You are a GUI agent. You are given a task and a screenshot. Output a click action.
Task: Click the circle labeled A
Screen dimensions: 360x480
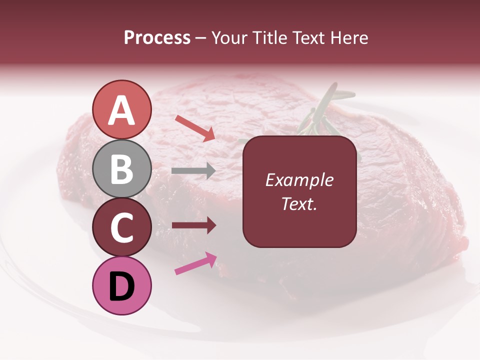click(122, 109)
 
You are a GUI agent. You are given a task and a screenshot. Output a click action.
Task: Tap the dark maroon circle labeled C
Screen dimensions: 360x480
click(122, 227)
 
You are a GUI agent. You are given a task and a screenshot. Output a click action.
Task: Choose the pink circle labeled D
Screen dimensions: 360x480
click(122, 286)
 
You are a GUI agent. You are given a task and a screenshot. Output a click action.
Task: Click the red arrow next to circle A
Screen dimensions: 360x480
click(195, 127)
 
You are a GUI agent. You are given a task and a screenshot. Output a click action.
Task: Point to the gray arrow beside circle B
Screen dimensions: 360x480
click(193, 171)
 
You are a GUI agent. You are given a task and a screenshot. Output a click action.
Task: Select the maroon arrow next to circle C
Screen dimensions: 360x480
click(194, 225)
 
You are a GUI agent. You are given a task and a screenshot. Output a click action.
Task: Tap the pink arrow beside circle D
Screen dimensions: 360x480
click(195, 263)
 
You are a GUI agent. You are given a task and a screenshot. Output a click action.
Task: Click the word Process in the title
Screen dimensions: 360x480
click(157, 38)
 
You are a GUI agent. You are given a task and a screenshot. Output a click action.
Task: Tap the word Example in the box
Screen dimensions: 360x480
click(299, 180)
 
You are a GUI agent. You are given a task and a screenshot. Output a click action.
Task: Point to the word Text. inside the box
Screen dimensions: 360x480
click(299, 203)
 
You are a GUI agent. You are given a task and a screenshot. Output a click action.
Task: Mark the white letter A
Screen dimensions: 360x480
click(122, 110)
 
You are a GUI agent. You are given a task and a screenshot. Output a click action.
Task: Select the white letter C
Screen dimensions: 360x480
click(122, 228)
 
